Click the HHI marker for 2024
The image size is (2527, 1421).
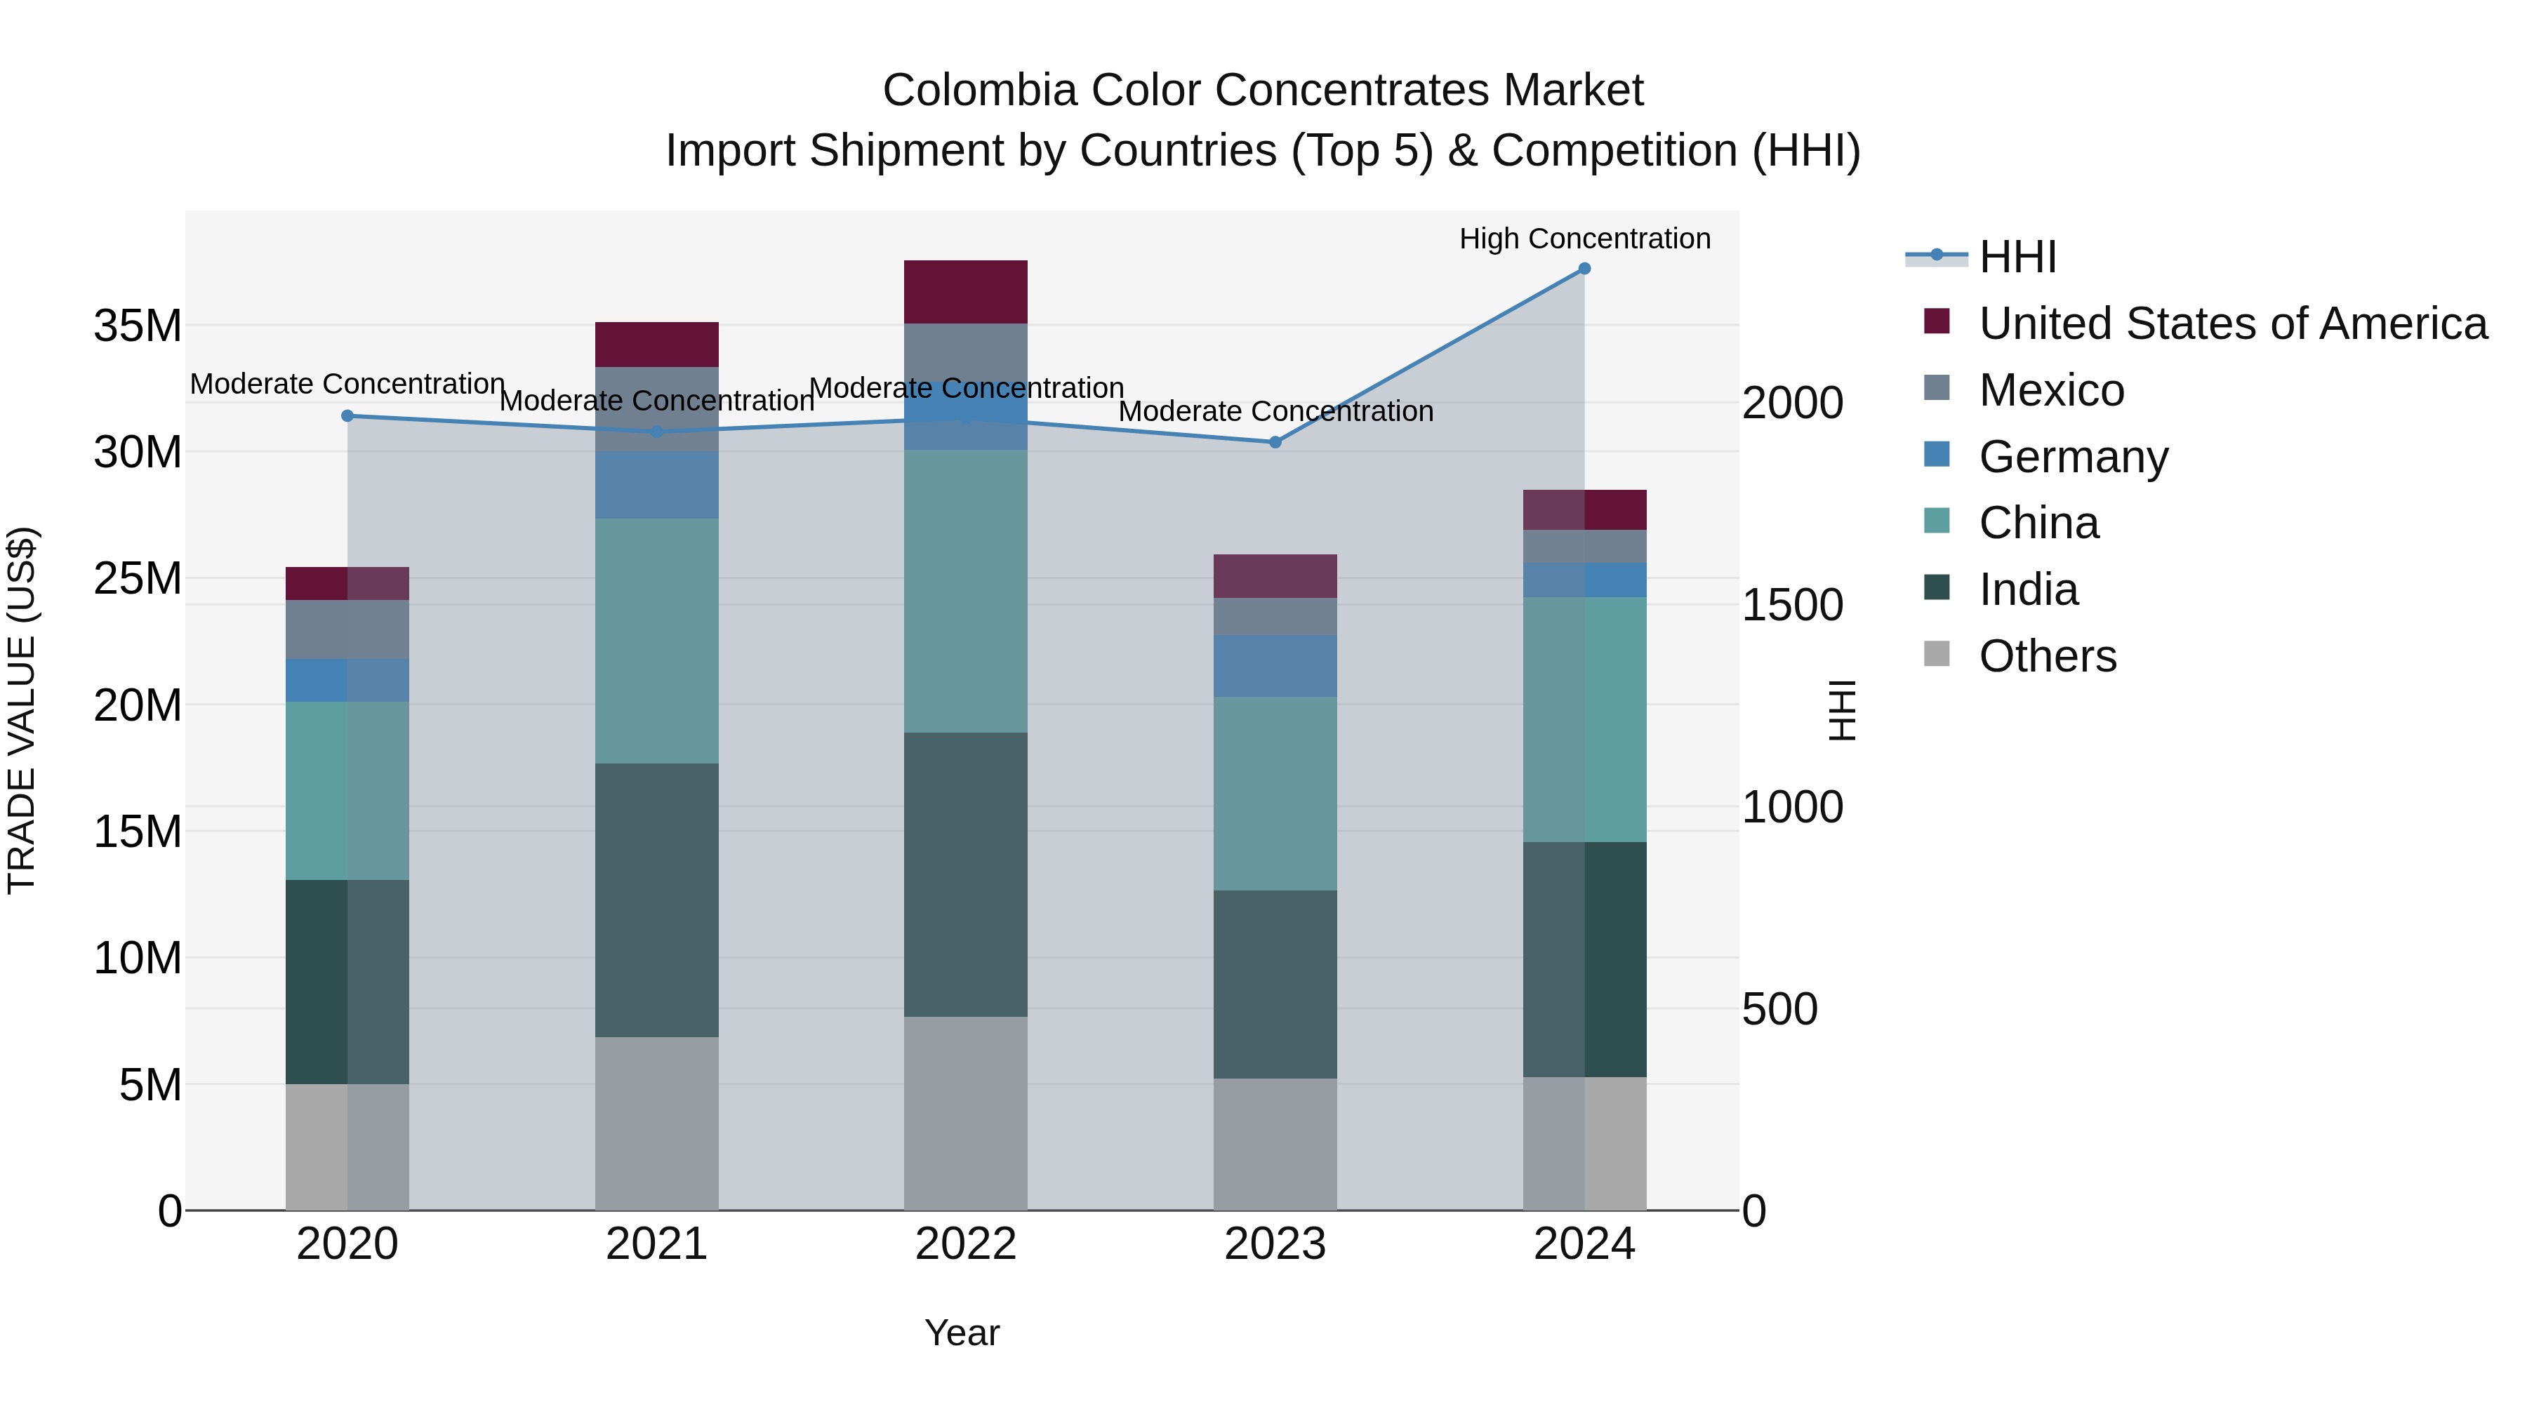tap(1584, 269)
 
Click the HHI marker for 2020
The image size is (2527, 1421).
tap(347, 416)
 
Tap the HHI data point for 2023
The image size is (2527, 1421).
tap(1275, 442)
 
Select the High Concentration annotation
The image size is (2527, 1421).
tap(1584, 239)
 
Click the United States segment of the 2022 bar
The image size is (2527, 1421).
tap(965, 291)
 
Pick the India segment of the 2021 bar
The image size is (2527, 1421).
tap(656, 900)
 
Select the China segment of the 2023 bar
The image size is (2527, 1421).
tap(1275, 794)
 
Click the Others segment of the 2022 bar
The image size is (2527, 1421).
tap(965, 1113)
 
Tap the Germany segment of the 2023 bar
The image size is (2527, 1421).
tap(1275, 666)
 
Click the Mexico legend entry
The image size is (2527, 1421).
tap(2050, 390)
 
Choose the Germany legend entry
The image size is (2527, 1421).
tap(2072, 457)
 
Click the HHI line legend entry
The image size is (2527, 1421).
tap(2016, 257)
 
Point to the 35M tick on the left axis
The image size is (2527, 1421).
tap(138, 326)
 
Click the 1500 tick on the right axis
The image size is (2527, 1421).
tap(1791, 605)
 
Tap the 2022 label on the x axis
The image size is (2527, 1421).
tap(965, 1244)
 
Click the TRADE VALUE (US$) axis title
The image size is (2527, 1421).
tap(22, 710)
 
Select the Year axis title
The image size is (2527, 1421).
tap(962, 1333)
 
